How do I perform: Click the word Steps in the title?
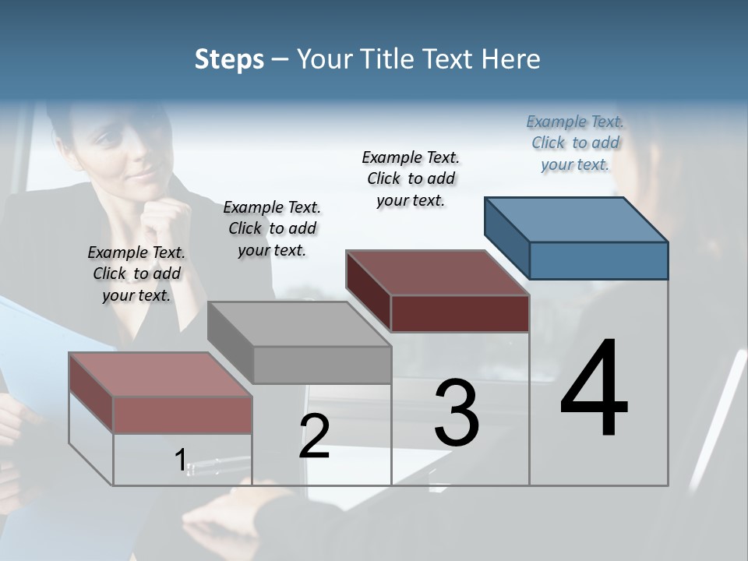229,59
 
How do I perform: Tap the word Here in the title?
512,59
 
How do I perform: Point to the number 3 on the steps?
456,412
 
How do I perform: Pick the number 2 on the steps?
314,436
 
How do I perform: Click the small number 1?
180,460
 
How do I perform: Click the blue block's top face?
575,219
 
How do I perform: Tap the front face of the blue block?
598,260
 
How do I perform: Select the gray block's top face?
299,323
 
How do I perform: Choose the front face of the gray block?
322,365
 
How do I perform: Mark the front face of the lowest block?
182,415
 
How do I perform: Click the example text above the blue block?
575,143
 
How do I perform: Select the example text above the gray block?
272,228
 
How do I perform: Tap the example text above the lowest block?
136,273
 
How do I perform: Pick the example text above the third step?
411,178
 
